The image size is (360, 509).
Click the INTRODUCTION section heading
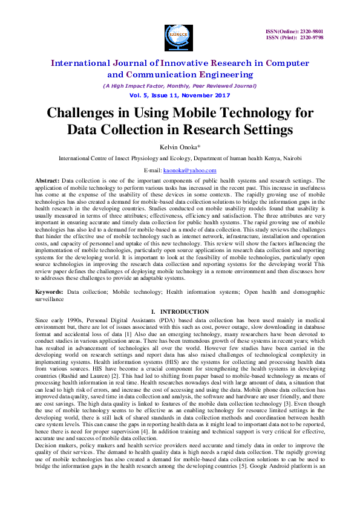click(x=187, y=311)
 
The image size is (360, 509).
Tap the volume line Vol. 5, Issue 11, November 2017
click(x=180, y=96)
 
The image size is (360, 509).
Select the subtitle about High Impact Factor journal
click(x=180, y=86)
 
